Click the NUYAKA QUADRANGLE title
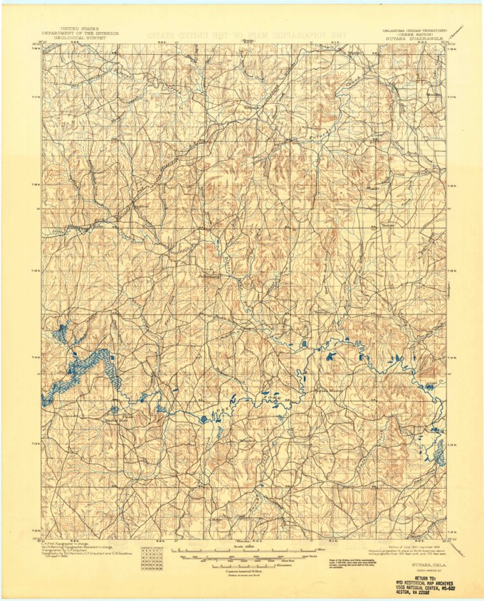pyautogui.click(x=422, y=39)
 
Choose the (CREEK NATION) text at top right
pyautogui.click(x=421, y=35)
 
